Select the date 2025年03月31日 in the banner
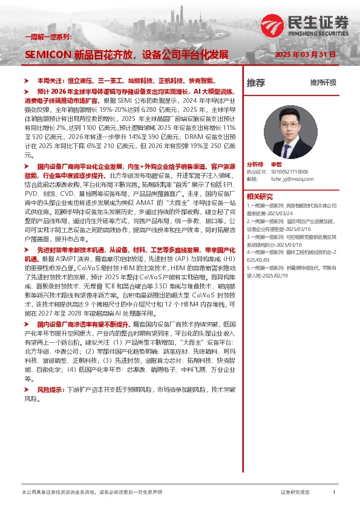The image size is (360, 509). coord(304,54)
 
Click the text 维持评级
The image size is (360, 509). coord(323,82)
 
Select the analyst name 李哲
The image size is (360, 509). coord(276,164)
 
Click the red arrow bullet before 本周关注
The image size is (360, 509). coord(25,80)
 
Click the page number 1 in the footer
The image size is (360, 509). coord(334,493)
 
